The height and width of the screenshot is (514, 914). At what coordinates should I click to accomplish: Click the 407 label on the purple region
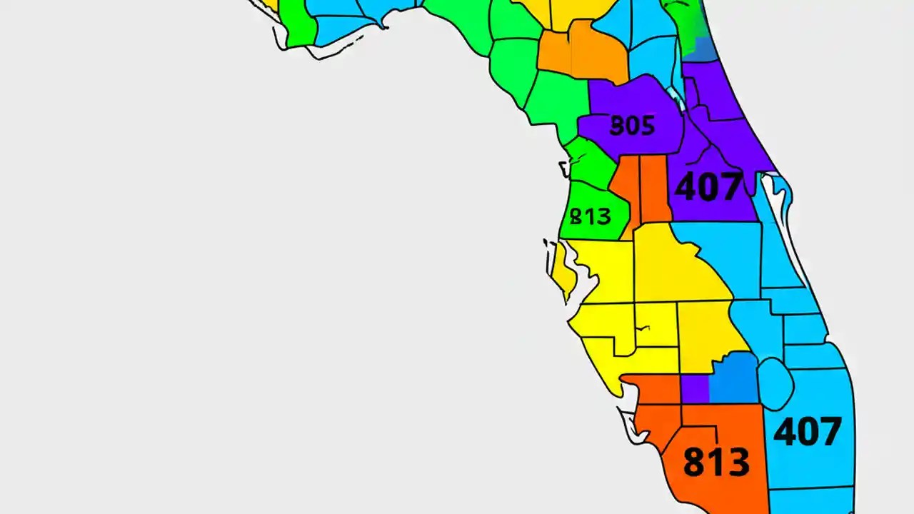click(708, 186)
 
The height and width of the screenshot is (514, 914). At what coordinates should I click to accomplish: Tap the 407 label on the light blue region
click(808, 432)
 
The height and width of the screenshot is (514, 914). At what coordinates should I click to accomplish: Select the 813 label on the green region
click(591, 216)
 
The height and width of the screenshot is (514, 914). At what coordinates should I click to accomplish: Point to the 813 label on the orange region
click(716, 462)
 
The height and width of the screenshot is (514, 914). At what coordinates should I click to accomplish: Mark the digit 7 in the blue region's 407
click(829, 432)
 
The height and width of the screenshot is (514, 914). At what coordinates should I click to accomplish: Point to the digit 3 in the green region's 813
click(602, 216)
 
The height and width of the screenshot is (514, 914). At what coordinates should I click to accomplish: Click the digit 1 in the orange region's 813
click(716, 462)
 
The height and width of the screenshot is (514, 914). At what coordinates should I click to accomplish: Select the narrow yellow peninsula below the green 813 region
click(561, 271)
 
